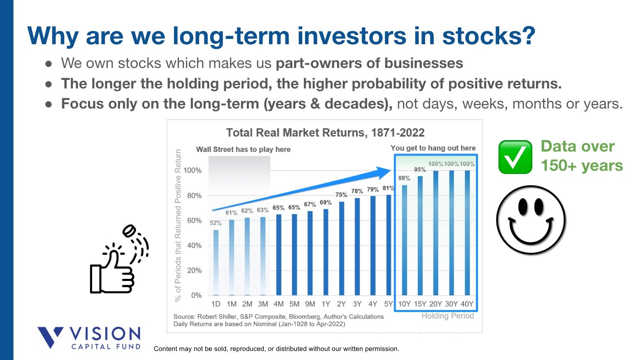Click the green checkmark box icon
[515, 157]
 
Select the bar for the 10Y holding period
[404, 240]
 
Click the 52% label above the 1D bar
[215, 223]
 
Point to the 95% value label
[420, 170]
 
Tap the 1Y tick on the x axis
[326, 304]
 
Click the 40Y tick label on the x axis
[467, 304]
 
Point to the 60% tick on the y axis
[194, 220]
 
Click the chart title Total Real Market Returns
[325, 133]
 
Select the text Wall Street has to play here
[243, 149]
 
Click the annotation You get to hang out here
[433, 148]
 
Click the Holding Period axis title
[447, 316]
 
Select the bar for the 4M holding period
[278, 255]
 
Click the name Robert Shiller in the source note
[217, 317]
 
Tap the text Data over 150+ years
[581, 156]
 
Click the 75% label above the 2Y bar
[341, 195]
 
